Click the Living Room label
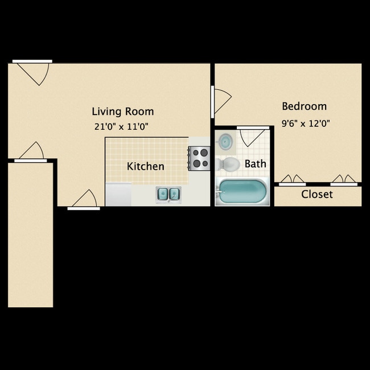tap(123, 112)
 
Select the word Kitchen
tap(146, 166)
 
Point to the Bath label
tap(255, 164)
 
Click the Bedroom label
tap(305, 106)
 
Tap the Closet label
tap(317, 195)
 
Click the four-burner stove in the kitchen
tap(199, 158)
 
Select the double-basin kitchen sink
tap(168, 195)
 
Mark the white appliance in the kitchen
tap(118, 195)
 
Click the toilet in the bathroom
tap(228, 164)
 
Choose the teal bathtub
tap(242, 192)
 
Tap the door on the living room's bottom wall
tap(84, 200)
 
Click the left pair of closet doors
tap(291, 180)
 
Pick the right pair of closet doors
tap(344, 180)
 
